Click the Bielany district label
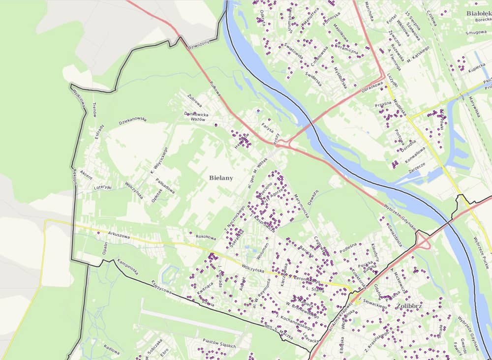pos(220,178)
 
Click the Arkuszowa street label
pos(120,235)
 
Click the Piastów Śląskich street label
pos(219,344)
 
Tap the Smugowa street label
pos(476,32)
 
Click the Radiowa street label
pos(112,351)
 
